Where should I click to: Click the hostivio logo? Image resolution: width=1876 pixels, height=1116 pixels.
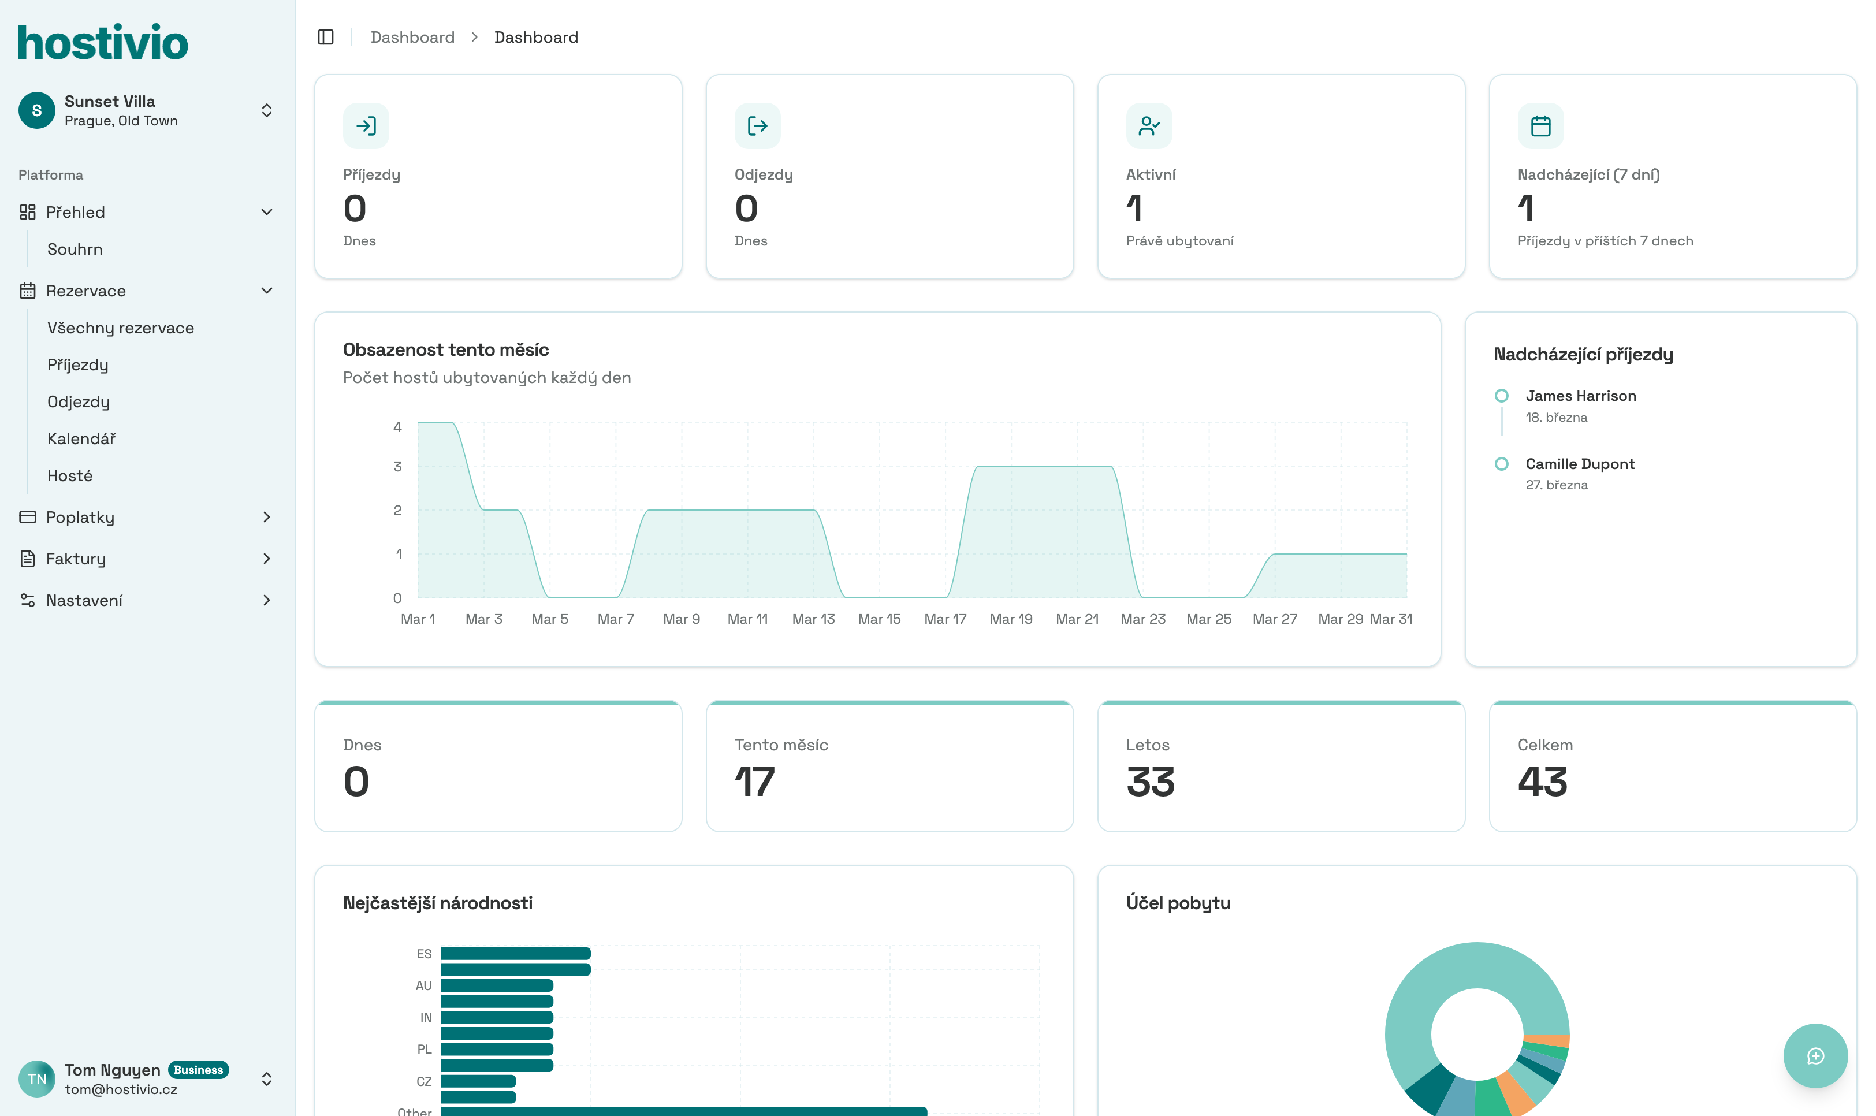103,43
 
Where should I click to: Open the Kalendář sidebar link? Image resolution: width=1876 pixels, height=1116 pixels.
81,438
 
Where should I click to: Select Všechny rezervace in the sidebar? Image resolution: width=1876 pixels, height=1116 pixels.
120,328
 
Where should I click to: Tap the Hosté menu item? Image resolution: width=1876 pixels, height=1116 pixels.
70,475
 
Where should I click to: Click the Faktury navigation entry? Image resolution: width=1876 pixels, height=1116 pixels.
76,559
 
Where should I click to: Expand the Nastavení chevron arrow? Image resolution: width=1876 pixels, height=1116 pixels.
267,600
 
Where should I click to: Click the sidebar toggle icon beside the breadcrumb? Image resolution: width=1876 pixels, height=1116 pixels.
326,38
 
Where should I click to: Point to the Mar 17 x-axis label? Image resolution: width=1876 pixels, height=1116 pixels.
945,619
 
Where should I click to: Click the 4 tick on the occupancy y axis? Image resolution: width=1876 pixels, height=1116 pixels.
398,427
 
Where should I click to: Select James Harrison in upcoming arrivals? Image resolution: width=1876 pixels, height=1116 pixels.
1580,396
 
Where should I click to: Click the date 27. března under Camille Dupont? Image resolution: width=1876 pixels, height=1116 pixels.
1557,485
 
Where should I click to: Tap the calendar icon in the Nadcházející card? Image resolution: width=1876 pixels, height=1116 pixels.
1540,125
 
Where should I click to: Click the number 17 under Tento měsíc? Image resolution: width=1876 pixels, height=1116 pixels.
754,782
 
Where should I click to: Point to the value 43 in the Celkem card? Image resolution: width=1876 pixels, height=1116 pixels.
1542,782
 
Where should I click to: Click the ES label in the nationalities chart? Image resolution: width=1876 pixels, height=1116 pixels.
424,954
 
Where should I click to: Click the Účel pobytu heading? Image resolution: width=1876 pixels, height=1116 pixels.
1178,903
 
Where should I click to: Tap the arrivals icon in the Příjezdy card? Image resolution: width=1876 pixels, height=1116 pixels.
366,125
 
